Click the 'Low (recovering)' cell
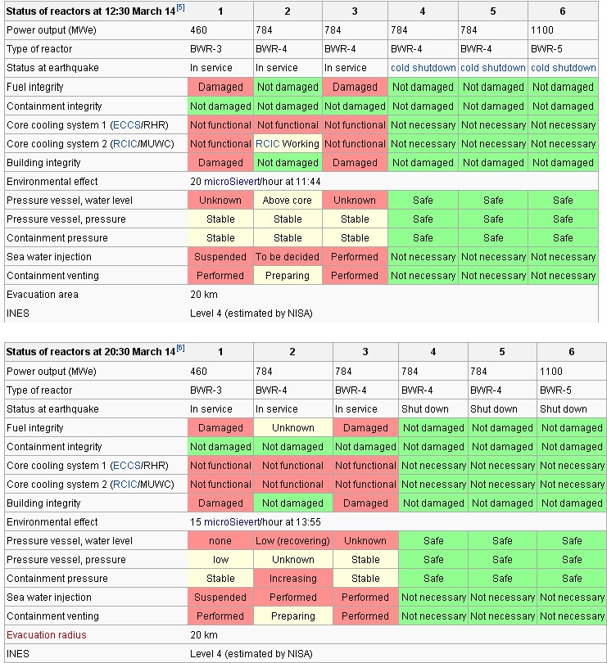point(292,541)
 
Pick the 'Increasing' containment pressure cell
point(292,579)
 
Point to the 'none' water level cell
point(220,541)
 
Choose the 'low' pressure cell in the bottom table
point(220,560)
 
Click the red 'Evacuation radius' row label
point(46,635)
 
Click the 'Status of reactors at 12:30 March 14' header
point(91,11)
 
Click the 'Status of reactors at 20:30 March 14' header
point(91,352)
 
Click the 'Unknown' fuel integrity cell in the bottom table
point(292,428)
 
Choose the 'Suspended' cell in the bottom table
point(220,598)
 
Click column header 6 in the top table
point(562,11)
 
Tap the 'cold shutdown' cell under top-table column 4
point(423,68)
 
